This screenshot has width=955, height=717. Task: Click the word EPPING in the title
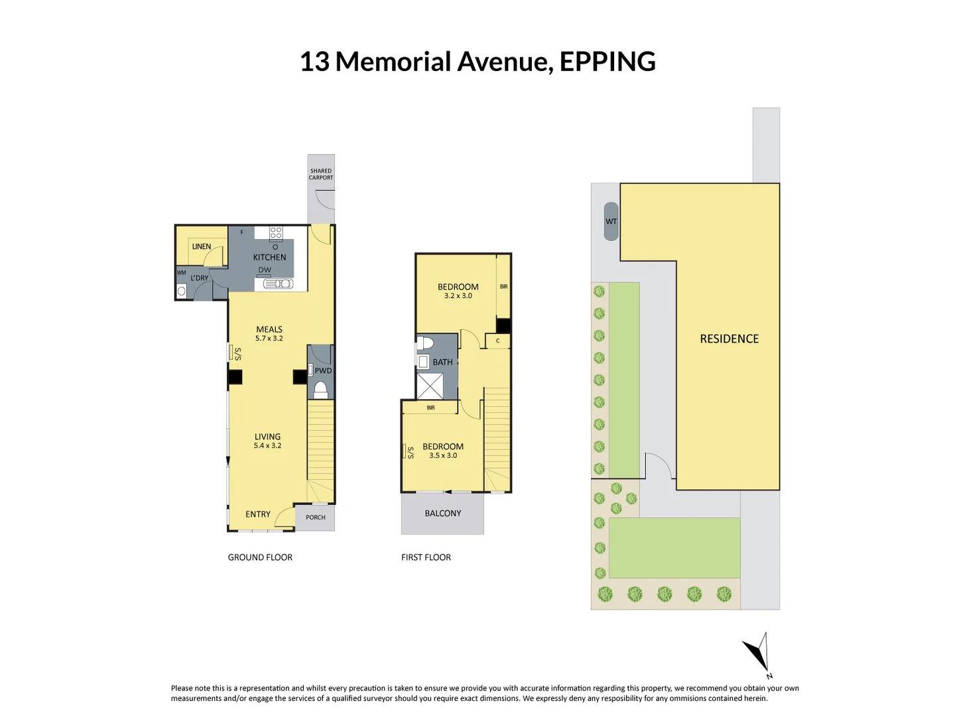[x=607, y=62]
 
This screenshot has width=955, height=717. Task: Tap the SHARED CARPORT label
[x=321, y=174]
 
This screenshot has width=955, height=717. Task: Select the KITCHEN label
[x=269, y=257]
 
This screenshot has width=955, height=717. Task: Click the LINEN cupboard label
[x=202, y=246]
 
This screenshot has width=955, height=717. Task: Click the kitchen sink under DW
[x=278, y=284]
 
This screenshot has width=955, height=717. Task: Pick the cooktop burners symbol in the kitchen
[x=276, y=233]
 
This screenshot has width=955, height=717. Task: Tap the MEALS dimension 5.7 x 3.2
[x=269, y=339]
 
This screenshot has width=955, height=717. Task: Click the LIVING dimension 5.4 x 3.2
[x=267, y=445]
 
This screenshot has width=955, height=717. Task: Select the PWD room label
[x=323, y=371]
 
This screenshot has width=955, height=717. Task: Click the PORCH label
[x=316, y=517]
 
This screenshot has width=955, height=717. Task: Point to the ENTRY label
[x=258, y=514]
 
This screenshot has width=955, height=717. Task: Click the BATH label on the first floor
[x=442, y=362]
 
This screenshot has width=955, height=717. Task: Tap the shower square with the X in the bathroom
[x=430, y=386]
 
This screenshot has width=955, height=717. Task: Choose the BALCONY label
[x=442, y=513]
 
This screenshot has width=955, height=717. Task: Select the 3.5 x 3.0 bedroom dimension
[x=443, y=455]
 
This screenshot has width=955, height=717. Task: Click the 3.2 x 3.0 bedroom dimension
[x=458, y=296]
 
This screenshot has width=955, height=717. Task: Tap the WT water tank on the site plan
[x=611, y=222]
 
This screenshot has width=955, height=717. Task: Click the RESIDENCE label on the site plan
[x=729, y=339]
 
